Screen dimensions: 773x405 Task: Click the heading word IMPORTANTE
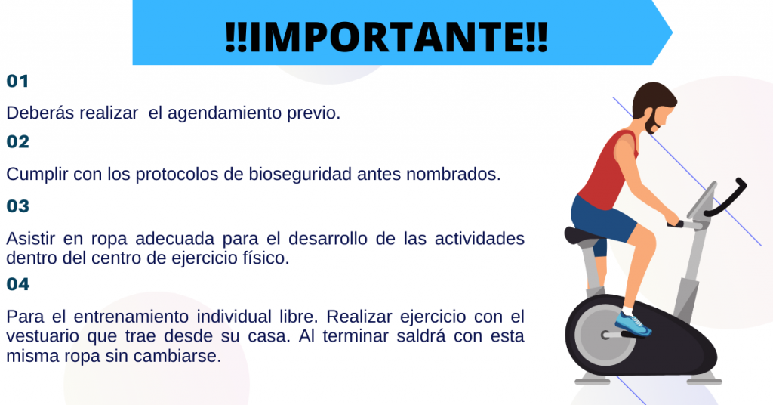pyautogui.click(x=387, y=37)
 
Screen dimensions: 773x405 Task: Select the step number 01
pyautogui.click(x=17, y=81)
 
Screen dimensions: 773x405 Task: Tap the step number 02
pyautogui.click(x=18, y=142)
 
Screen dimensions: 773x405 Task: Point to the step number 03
pyautogui.click(x=18, y=206)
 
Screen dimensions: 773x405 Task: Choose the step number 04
pyautogui.click(x=18, y=284)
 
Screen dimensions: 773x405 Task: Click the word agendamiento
pyautogui.click(x=225, y=114)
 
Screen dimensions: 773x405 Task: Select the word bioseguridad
pyautogui.click(x=300, y=175)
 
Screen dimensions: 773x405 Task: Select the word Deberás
pyautogui.click(x=40, y=113)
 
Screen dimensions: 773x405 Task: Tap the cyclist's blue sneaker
pyautogui.click(x=633, y=323)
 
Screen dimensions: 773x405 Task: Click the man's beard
pyautogui.click(x=651, y=122)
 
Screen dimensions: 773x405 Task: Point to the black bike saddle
pyautogui.click(x=583, y=235)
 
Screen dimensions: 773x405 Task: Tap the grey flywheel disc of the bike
pyautogui.click(x=605, y=335)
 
